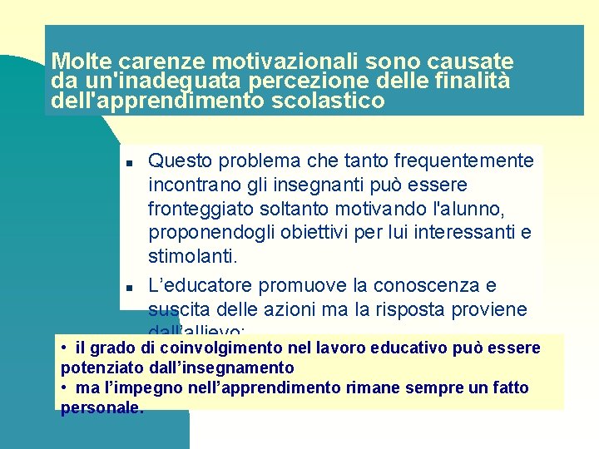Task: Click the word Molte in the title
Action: coord(82,62)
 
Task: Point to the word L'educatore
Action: coord(200,286)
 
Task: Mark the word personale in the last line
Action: coord(101,408)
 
